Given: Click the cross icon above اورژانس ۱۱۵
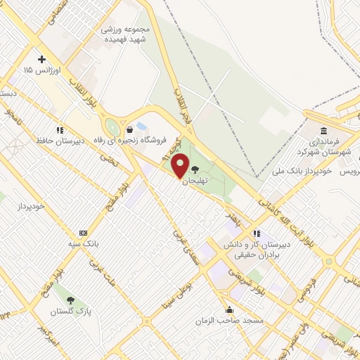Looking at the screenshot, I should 41,58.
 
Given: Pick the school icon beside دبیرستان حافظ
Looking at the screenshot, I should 60,130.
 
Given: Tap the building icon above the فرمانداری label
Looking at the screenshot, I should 323,131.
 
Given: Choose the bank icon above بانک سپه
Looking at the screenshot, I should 84,233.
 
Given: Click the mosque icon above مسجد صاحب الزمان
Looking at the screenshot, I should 229,309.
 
